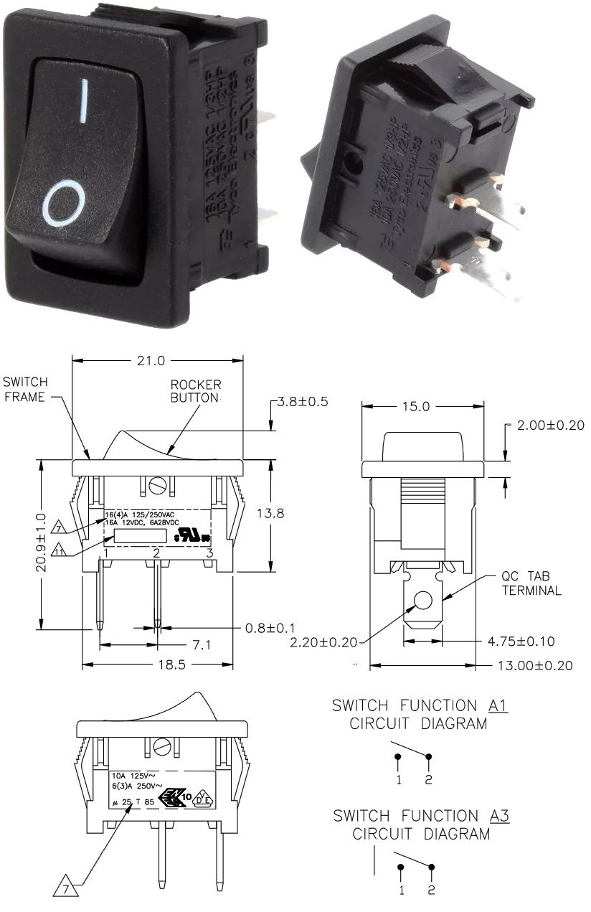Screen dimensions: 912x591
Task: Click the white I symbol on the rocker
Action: (x=85, y=100)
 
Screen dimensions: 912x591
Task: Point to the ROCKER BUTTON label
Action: (x=195, y=391)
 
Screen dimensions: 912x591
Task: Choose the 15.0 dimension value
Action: (x=416, y=406)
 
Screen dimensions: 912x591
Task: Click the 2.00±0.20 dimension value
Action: (x=549, y=425)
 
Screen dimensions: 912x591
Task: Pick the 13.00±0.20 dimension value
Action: (x=535, y=665)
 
